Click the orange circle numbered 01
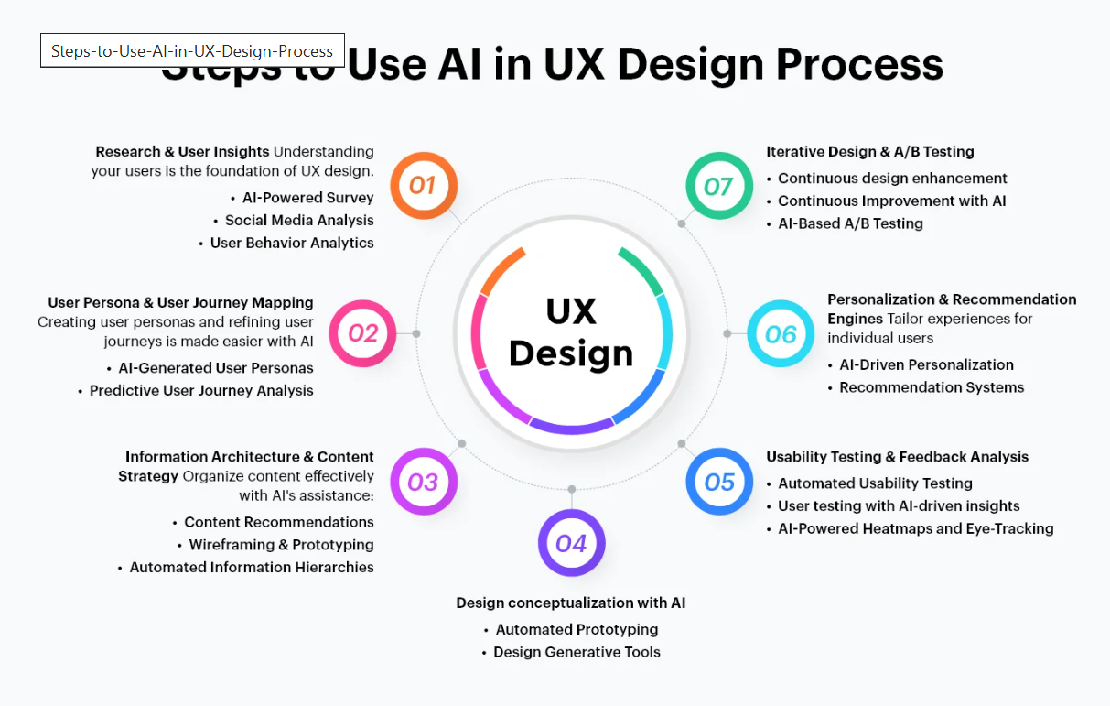click(423, 186)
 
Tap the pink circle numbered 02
click(362, 333)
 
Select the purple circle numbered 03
click(423, 482)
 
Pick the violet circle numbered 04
click(571, 543)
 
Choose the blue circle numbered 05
click(719, 482)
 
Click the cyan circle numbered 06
click(781, 333)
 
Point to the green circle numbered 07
click(719, 186)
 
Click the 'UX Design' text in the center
click(571, 332)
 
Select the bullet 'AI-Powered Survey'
click(307, 198)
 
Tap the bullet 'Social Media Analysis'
click(299, 220)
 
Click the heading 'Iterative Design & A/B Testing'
click(870, 152)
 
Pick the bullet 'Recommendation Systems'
click(932, 387)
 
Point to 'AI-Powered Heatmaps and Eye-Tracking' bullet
click(915, 528)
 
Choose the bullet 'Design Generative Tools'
click(577, 652)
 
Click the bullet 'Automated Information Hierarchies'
click(252, 567)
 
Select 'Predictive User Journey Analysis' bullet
click(201, 390)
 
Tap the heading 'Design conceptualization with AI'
click(571, 603)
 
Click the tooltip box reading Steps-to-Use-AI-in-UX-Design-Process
click(192, 51)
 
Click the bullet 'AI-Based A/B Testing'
click(850, 223)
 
